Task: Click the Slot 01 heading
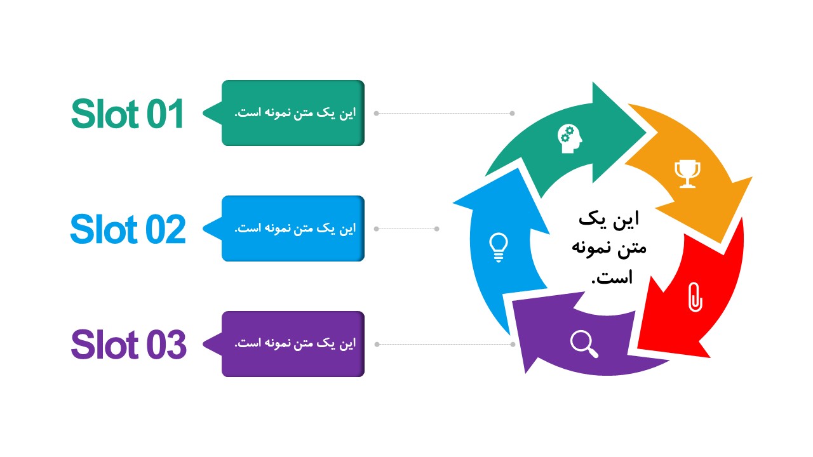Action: click(128, 114)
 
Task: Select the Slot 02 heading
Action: click(128, 229)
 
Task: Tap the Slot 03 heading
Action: click(128, 344)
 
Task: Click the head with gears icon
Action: click(570, 139)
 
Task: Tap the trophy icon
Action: click(687, 173)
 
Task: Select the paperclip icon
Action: click(695, 297)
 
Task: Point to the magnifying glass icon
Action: click(584, 344)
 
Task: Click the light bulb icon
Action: click(499, 247)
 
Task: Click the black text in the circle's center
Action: click(609, 248)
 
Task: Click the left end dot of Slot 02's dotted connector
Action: click(377, 229)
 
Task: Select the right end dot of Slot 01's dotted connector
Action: click(512, 113)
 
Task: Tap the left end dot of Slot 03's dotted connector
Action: click(377, 344)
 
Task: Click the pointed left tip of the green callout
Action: click(203, 113)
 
